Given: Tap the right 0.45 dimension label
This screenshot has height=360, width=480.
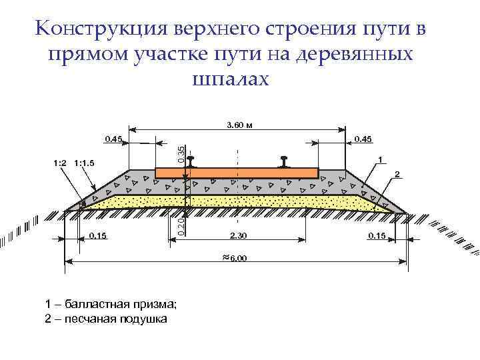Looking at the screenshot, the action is tap(363, 139).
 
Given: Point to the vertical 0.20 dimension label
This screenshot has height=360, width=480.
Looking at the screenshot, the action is tap(181, 223).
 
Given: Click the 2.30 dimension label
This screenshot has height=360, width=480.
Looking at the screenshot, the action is tap(239, 235).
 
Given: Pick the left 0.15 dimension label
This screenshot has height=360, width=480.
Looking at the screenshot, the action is tap(97, 235).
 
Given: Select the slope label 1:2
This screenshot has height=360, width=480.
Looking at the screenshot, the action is tap(59, 162).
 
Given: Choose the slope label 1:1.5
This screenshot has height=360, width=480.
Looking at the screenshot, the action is tap(86, 162).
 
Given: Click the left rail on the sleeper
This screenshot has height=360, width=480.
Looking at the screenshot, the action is tap(191, 162).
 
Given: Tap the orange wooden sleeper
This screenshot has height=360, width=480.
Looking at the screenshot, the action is tap(237, 172).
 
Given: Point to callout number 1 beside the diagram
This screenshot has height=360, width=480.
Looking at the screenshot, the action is tap(379, 159).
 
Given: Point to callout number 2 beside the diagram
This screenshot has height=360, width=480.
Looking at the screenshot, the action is tap(397, 174).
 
